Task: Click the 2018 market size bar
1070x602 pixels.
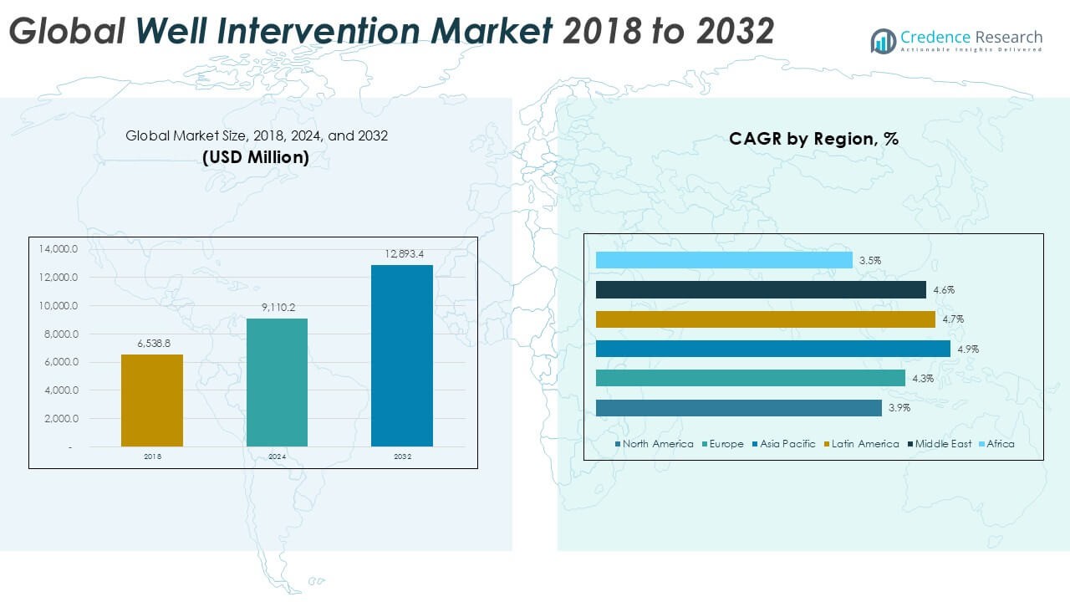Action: pyautogui.click(x=151, y=400)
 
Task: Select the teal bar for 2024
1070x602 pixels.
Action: pyautogui.click(x=277, y=382)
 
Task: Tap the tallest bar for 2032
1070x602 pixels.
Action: pyautogui.click(x=402, y=355)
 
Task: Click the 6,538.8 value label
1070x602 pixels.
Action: pyautogui.click(x=151, y=343)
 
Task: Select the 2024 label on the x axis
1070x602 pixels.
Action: pyautogui.click(x=277, y=457)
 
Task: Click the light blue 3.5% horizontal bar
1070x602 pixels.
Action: pyautogui.click(x=724, y=261)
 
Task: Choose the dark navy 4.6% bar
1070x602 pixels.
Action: pyautogui.click(x=761, y=290)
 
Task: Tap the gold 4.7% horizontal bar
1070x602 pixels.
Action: pyautogui.click(x=765, y=319)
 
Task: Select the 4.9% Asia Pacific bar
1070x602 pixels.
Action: pyautogui.click(x=772, y=349)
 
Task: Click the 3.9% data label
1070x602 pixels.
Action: pyautogui.click(x=899, y=408)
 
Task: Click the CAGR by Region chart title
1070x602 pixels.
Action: pyautogui.click(x=813, y=140)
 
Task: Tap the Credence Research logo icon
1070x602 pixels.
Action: pyautogui.click(x=883, y=41)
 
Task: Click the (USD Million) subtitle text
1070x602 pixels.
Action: pyautogui.click(x=256, y=157)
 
